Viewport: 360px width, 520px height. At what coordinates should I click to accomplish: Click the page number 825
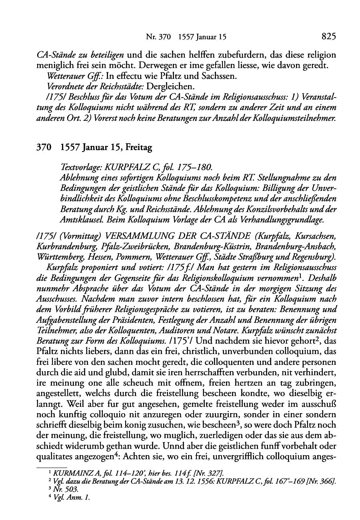[328, 37]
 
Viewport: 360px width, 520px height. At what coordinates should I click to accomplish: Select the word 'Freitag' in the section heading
[139, 148]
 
